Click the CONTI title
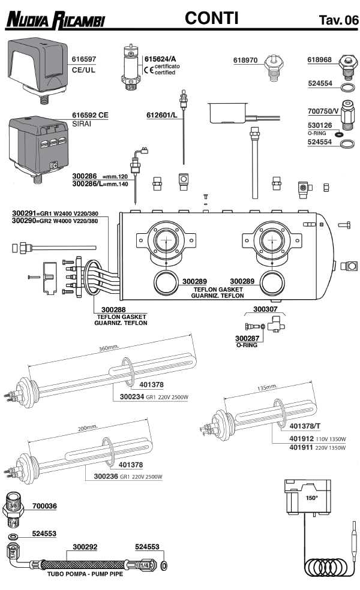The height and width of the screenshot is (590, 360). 212,19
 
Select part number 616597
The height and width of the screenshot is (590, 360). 84,60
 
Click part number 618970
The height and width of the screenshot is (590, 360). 245,60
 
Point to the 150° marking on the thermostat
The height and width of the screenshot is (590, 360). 312,498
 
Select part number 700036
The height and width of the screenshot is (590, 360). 44,506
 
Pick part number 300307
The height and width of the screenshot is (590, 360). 265,309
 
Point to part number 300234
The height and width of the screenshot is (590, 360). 132,396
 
